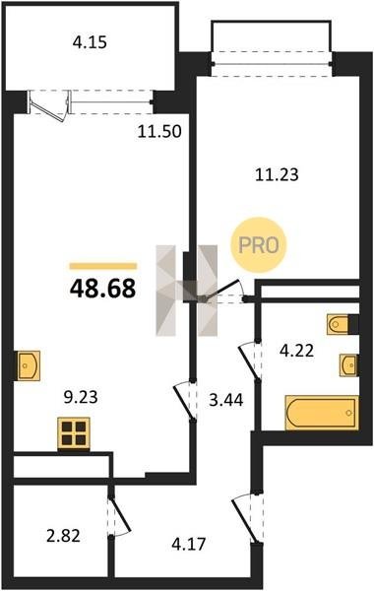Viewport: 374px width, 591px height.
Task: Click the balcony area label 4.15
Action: (90, 42)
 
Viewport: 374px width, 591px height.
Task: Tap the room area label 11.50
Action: (159, 132)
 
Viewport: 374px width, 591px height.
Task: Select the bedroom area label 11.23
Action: (277, 174)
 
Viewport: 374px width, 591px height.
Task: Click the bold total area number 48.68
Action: (102, 289)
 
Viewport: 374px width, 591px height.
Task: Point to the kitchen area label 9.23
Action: (81, 397)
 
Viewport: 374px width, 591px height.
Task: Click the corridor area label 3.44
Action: (226, 400)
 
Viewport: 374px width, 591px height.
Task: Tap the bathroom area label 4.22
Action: (296, 351)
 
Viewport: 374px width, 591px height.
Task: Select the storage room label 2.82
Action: (63, 536)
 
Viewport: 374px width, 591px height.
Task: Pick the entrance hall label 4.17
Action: (189, 544)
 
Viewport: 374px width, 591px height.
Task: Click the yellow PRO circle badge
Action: (259, 245)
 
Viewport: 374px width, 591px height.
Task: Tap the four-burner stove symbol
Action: (74, 433)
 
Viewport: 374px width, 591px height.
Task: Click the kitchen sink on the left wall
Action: (29, 365)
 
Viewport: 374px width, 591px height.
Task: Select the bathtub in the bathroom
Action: (322, 413)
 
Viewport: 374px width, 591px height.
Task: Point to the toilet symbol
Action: (338, 324)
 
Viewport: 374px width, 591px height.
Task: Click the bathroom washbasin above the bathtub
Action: (348, 364)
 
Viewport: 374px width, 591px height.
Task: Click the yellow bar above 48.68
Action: (102, 267)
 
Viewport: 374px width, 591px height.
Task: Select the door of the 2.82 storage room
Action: (119, 516)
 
